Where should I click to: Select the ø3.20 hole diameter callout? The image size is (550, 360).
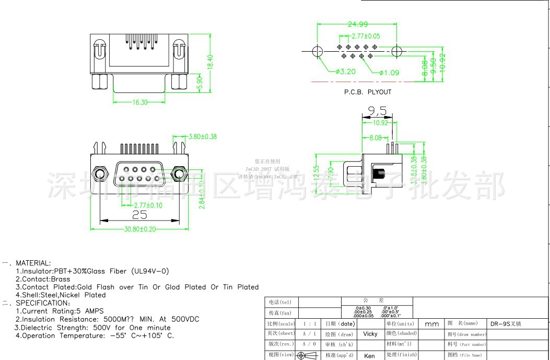(345, 72)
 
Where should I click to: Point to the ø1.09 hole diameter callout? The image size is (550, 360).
(389, 72)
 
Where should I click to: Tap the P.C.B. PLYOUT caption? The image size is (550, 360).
(367, 92)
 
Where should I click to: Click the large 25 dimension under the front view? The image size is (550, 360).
(139, 215)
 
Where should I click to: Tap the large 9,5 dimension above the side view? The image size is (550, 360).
(377, 111)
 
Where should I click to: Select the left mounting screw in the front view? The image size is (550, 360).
(98, 175)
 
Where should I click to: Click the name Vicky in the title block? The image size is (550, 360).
(370, 334)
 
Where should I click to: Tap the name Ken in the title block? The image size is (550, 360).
(369, 355)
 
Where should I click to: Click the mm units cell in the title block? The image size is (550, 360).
(432, 324)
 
